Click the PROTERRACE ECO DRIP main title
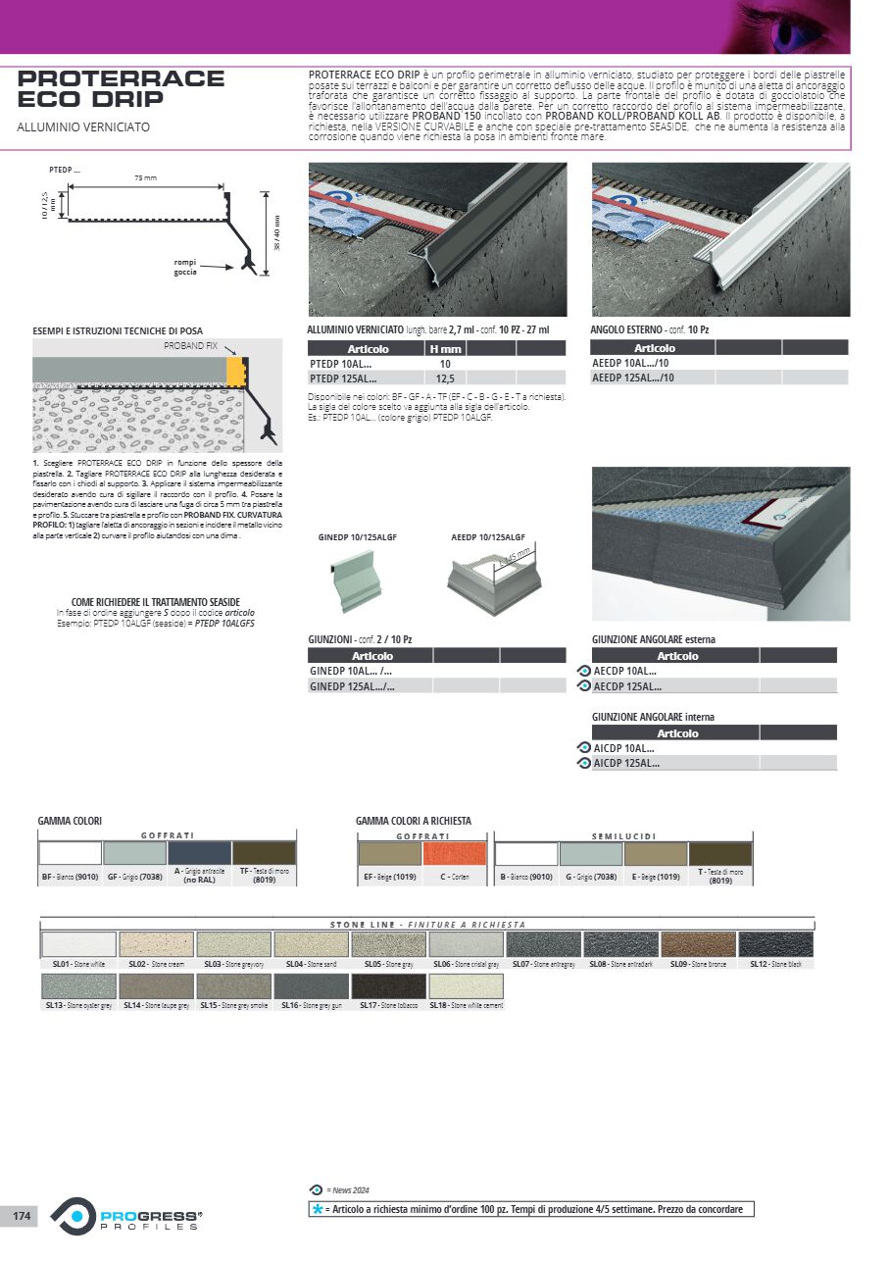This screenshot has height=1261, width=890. pyautogui.click(x=121, y=88)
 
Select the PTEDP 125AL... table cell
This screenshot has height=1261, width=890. pyautogui.click(x=342, y=378)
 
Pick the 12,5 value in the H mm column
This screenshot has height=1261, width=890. pyautogui.click(x=444, y=378)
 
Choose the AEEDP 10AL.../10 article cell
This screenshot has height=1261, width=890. pyautogui.click(x=633, y=363)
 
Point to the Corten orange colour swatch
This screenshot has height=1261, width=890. pyautogui.click(x=454, y=853)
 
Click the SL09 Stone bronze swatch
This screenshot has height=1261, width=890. pyautogui.click(x=697, y=944)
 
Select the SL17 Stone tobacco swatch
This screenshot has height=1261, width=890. pyautogui.click(x=388, y=985)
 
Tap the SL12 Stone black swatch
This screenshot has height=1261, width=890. pyautogui.click(x=775, y=944)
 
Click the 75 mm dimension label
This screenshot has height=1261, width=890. pyautogui.click(x=145, y=177)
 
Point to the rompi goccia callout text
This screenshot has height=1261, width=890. pyautogui.click(x=185, y=268)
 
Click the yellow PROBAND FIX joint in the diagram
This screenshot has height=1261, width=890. pyautogui.click(x=235, y=371)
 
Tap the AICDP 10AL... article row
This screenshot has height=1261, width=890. pyautogui.click(x=626, y=748)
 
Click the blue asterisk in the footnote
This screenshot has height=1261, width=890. pyautogui.click(x=317, y=1209)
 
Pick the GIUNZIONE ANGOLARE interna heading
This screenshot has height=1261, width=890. pyautogui.click(x=653, y=717)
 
